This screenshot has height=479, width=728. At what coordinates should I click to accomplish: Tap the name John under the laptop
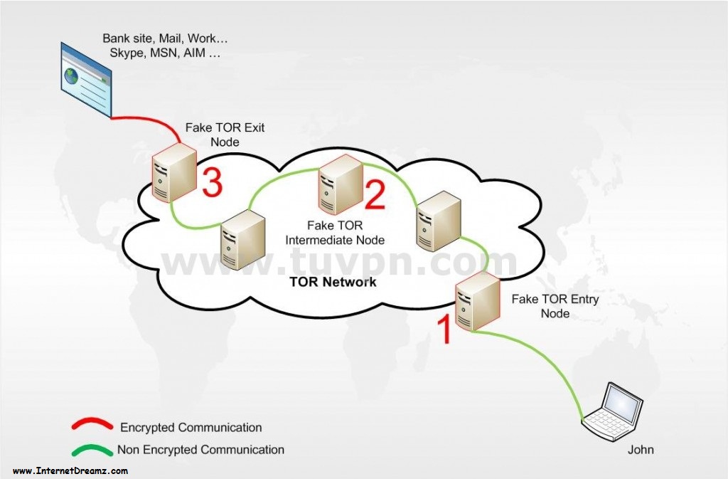pyautogui.click(x=641, y=450)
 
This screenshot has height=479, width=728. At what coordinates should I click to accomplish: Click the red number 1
pyautogui.click(x=444, y=330)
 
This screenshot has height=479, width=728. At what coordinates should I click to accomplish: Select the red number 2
pyautogui.click(x=375, y=194)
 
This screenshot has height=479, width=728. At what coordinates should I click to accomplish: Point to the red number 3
pyautogui.click(x=212, y=182)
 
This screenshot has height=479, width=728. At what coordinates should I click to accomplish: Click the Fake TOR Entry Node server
pyautogui.click(x=477, y=302)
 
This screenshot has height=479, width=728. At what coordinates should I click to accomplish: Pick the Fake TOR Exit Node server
pyautogui.click(x=174, y=172)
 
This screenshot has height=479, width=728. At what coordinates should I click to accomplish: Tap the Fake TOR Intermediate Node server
pyautogui.click(x=341, y=184)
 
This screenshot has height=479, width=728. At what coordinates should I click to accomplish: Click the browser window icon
pyautogui.click(x=86, y=80)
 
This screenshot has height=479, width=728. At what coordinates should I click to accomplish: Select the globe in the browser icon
pyautogui.click(x=72, y=75)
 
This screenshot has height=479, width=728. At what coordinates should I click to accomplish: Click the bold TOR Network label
pyautogui.click(x=333, y=282)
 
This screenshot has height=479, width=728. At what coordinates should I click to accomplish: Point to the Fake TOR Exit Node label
pyautogui.click(x=225, y=135)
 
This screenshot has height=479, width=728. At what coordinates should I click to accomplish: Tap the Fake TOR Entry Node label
pyautogui.click(x=555, y=306)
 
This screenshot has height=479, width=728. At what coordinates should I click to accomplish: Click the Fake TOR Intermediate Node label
pyautogui.click(x=335, y=233)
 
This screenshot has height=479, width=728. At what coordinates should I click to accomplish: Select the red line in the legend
pyautogui.click(x=92, y=423)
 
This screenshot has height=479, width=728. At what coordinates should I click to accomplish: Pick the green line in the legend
pyautogui.click(x=92, y=449)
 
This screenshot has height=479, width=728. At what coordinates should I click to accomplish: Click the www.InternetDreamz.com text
pyautogui.click(x=70, y=470)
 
